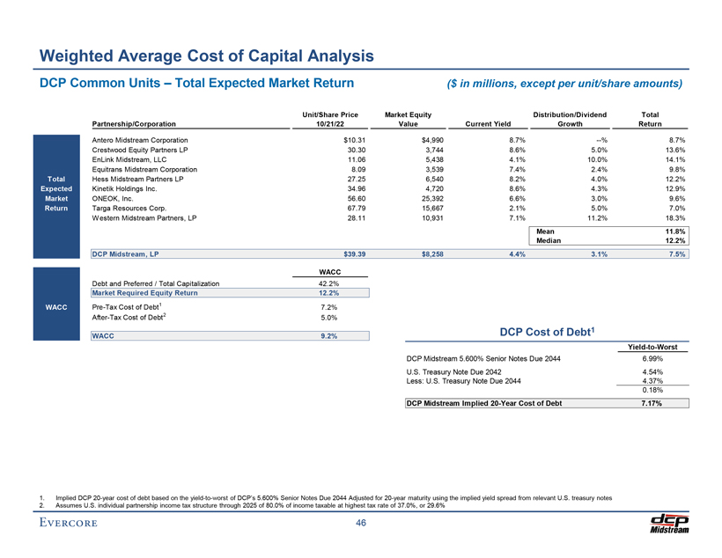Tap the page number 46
[360, 524]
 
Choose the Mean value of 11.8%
[674, 231]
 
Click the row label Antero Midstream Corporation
[140, 141]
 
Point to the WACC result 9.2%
[327, 335]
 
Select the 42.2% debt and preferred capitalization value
[327, 283]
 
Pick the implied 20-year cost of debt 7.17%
[652, 404]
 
